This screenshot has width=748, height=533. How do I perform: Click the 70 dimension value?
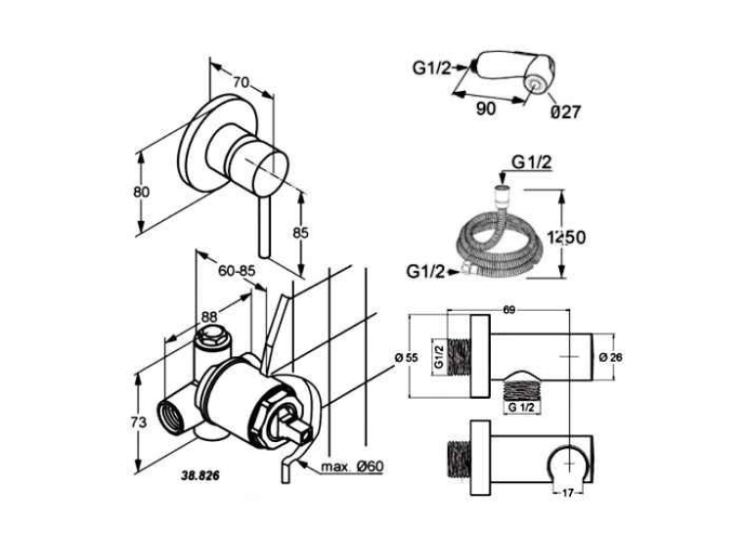pos(241,82)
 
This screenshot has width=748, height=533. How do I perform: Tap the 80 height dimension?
pos(141,192)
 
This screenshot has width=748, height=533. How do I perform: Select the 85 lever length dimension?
pos(300,233)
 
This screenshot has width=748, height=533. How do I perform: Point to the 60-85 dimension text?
pos(237,271)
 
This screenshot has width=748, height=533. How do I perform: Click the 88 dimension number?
pos(209,316)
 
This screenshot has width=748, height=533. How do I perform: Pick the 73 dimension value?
pos(138,422)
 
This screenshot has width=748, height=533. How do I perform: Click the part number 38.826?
pos(200,475)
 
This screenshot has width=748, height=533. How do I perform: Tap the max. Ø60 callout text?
pos(352,466)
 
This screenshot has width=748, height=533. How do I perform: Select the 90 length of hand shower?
pos(486,109)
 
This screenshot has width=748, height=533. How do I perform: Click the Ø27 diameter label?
pos(566,112)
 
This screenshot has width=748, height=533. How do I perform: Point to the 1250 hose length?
pos(566,237)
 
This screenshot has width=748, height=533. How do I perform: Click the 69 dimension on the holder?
pos(509,310)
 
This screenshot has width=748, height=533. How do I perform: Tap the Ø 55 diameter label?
pos(407,357)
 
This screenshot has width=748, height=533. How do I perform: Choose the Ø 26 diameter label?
pos(610,357)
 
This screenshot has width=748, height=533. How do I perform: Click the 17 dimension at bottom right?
pos(567,494)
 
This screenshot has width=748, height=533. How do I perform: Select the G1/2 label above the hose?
pos(532,162)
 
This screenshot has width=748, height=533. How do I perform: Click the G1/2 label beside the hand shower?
pos(432,68)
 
